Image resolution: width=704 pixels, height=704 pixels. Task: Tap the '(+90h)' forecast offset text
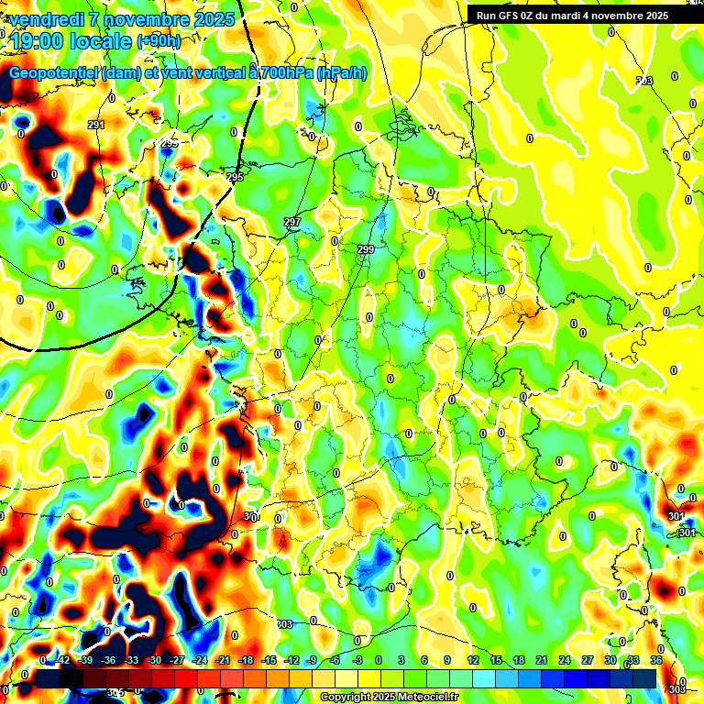[x=159, y=41]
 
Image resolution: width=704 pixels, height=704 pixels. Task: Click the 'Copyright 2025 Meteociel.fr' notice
[x=389, y=697]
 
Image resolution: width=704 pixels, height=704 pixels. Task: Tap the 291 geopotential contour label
[x=96, y=125]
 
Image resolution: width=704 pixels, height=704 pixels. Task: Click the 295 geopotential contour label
[x=235, y=177]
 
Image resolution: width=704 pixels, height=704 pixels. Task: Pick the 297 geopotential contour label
[x=292, y=223]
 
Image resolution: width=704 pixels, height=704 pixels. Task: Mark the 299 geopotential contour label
[x=366, y=250]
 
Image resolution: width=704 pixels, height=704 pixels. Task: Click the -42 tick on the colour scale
[x=63, y=660]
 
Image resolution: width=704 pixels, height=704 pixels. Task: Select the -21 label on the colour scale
[x=223, y=660]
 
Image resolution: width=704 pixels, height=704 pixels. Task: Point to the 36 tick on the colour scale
[x=656, y=660]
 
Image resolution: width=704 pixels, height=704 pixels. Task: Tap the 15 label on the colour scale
[x=495, y=660]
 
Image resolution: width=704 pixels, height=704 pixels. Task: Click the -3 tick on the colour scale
[x=357, y=660]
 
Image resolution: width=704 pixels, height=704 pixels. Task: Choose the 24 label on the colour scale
[x=564, y=660]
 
